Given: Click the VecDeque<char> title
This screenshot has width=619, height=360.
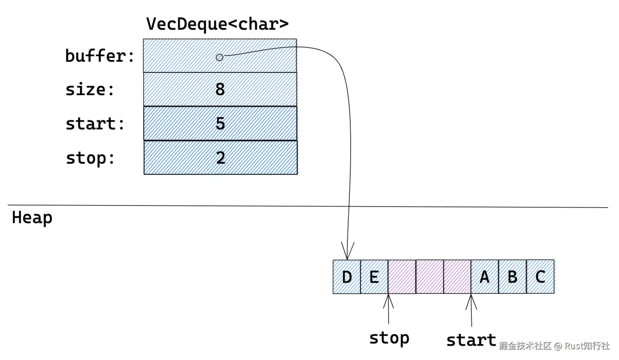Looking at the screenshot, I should coord(217,24).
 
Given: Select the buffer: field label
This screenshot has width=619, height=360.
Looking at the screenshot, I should coord(100,56).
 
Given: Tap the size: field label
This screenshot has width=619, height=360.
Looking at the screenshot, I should coord(90,89).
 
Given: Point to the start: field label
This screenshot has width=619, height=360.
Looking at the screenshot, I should coord(95,124).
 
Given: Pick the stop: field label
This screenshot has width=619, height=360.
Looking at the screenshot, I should coord(90,158).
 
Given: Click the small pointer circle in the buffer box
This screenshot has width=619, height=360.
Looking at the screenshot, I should coord(219,57).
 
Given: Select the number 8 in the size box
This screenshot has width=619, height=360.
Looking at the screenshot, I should coord(220,89).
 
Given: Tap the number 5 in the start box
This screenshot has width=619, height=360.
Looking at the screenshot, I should coord(220,123).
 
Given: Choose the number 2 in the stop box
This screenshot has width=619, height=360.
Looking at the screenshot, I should coord(221,157).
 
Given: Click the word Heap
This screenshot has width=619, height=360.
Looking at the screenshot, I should coord(32,217).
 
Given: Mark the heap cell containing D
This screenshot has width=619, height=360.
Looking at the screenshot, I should coord(347,277).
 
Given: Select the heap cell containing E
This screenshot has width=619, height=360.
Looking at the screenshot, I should coord(374,277).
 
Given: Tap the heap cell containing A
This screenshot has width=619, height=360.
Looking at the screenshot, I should coord(485,277).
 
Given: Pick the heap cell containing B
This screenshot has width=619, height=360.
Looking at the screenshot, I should coord(513,277).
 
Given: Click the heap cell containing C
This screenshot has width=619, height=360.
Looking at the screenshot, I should coord(540,277).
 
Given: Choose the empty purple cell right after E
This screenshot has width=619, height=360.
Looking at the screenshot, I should coord(402,277).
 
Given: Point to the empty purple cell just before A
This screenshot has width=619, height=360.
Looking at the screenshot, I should coord(457,277).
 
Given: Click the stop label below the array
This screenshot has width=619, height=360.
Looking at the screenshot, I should coord(389,338).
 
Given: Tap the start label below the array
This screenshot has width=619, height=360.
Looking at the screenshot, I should coord(471,340).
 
